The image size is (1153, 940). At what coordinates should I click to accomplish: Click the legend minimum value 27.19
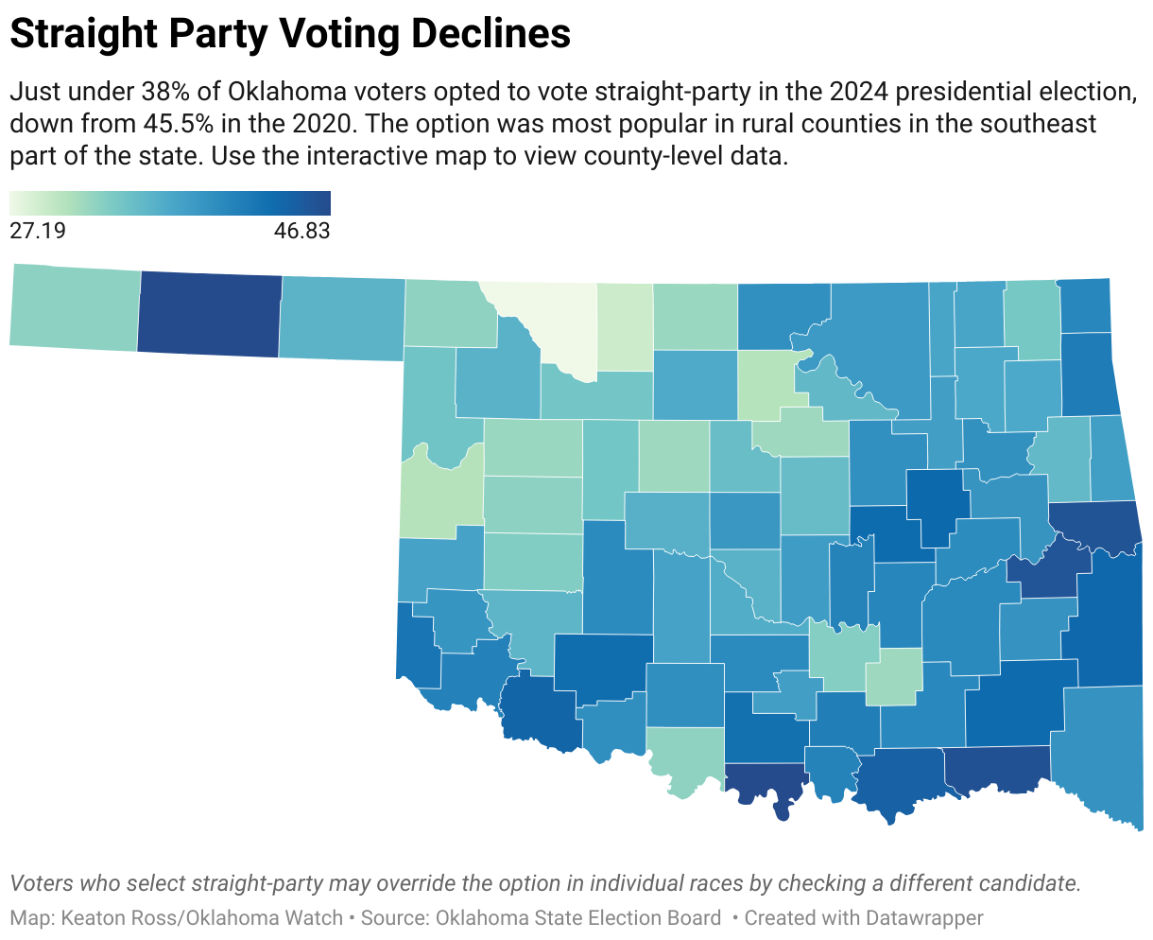click(x=38, y=231)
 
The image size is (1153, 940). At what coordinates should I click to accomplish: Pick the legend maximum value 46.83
click(x=301, y=231)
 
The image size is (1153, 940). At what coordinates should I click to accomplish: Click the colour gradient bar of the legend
click(x=170, y=203)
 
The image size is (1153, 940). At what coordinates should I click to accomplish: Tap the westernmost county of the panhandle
click(x=75, y=307)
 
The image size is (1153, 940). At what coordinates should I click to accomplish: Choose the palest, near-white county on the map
click(x=548, y=322)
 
